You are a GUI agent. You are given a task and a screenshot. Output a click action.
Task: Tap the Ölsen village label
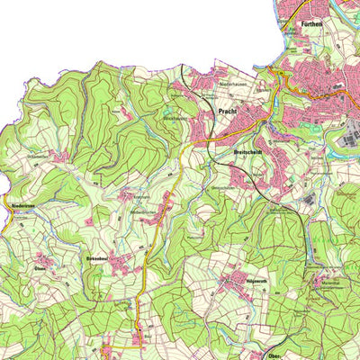40,268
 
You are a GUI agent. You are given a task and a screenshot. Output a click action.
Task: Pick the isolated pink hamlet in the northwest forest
60,156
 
